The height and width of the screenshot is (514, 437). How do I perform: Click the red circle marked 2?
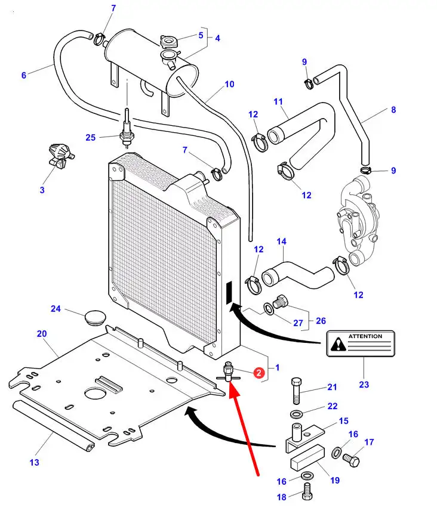tap(258, 373)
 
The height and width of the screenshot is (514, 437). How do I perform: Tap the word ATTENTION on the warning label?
tap(365, 336)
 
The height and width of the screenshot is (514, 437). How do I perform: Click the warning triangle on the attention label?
tap(339, 343)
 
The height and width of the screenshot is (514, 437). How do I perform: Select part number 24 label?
tap(56, 309)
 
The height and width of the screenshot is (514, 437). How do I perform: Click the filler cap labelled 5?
tap(169, 43)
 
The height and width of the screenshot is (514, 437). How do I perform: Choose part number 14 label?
tap(282, 241)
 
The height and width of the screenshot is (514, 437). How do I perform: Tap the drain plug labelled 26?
tap(282, 303)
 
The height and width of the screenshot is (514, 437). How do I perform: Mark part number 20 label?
tap(42, 334)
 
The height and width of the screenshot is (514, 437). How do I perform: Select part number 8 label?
tap(393, 110)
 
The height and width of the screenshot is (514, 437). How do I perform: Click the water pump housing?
tap(359, 221)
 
